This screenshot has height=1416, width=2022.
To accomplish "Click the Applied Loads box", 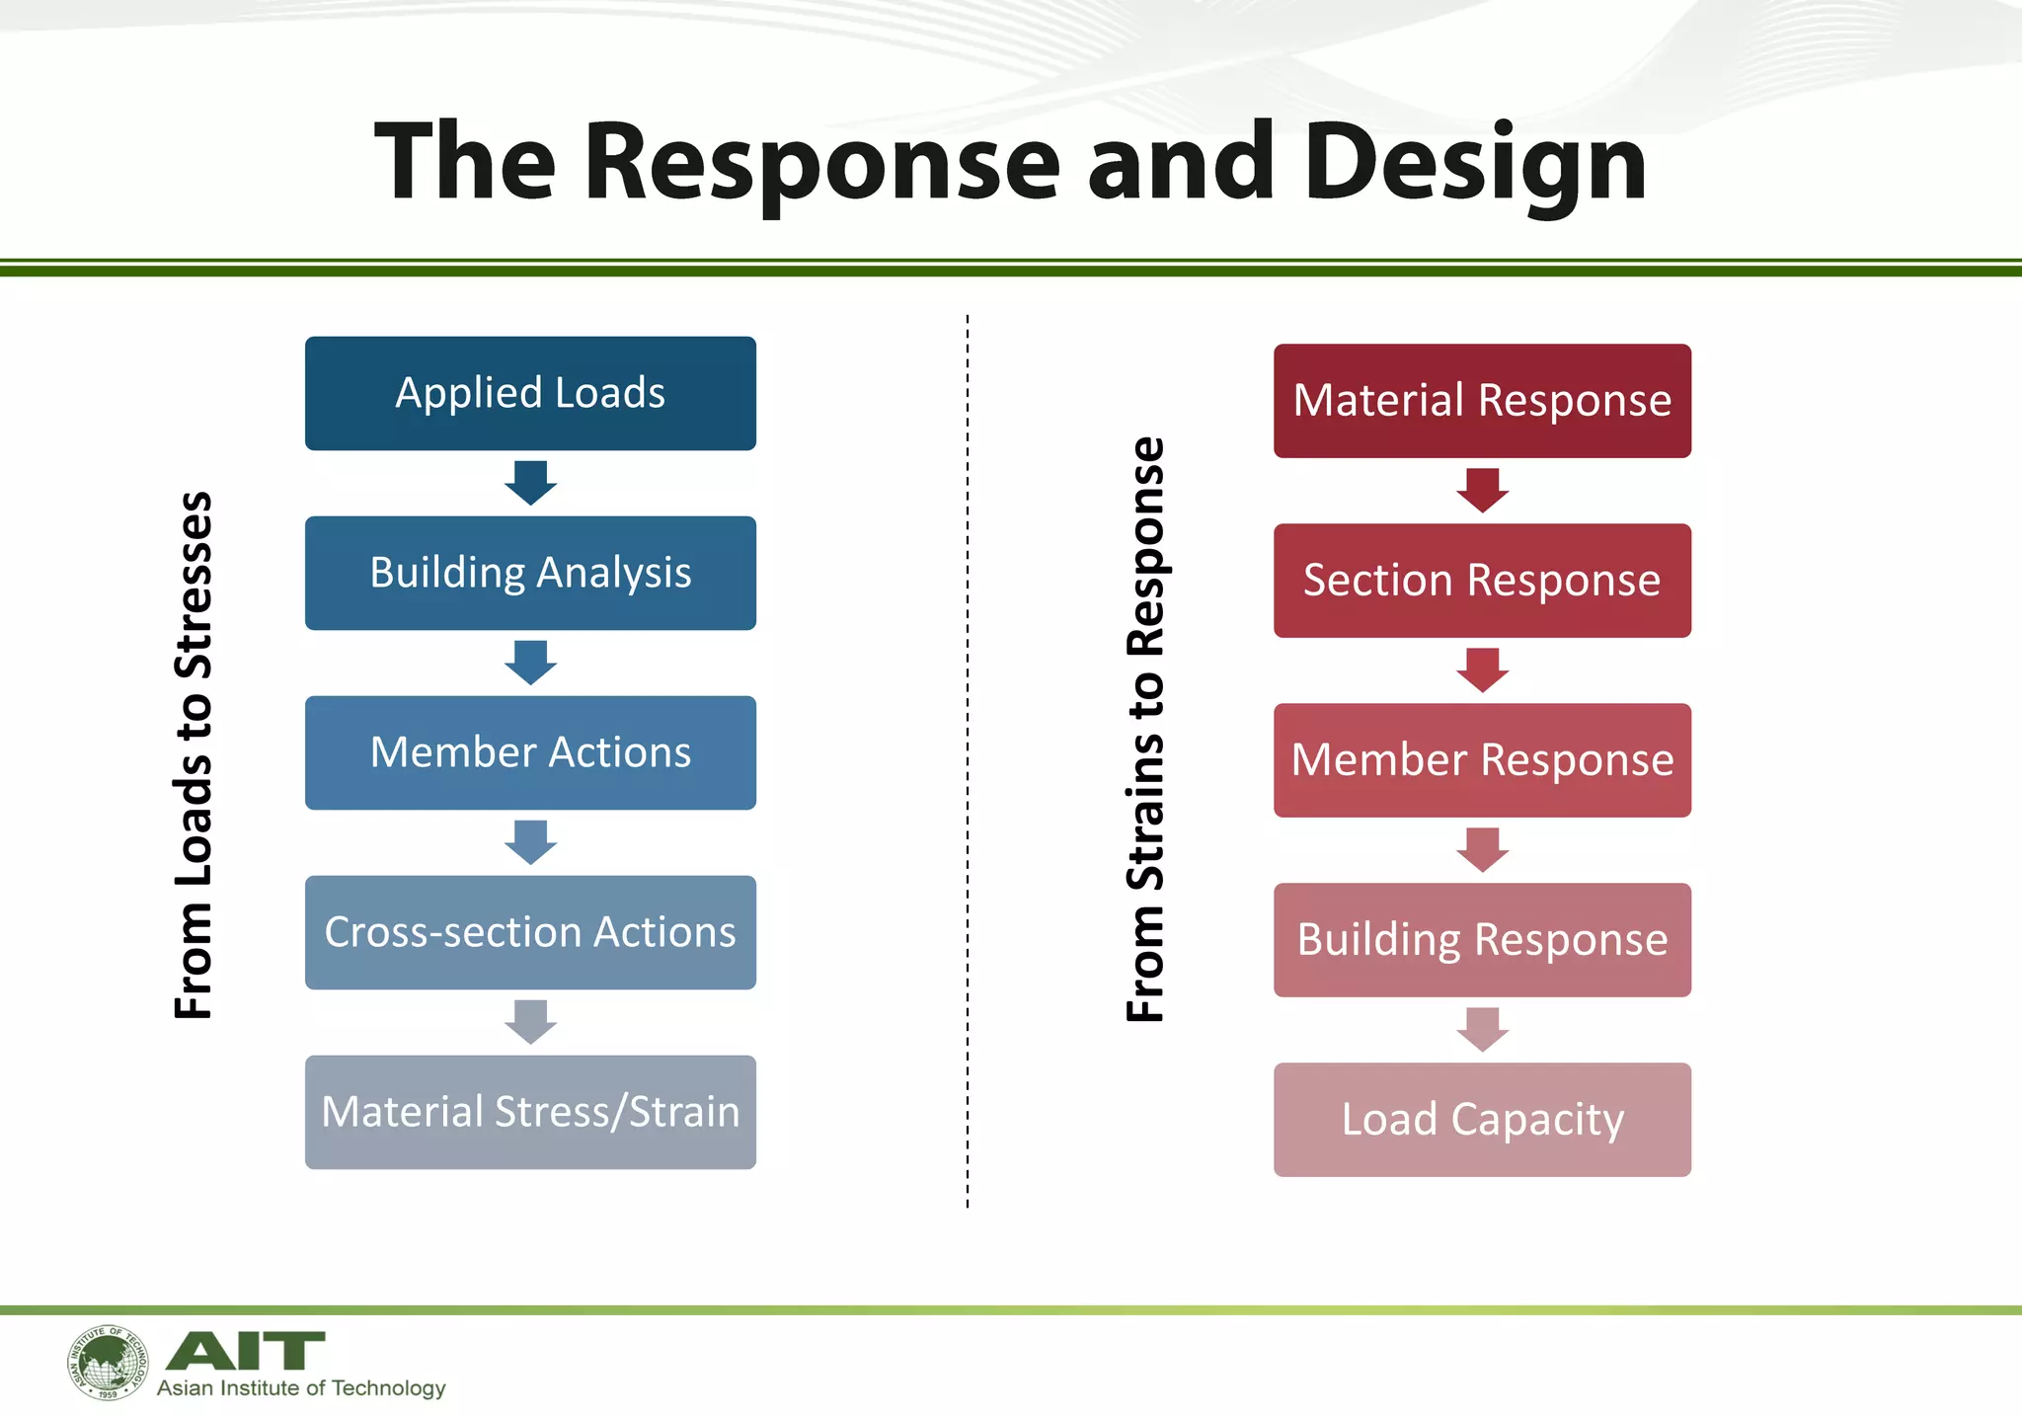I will (530, 393).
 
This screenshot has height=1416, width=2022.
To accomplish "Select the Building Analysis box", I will (530, 573).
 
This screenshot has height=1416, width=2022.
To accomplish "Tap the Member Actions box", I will (530, 752).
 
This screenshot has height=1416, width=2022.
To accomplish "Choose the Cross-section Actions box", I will (530, 932).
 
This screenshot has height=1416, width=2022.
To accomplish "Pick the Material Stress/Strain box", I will (530, 1112).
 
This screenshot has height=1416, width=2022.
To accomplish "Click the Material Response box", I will (1482, 400).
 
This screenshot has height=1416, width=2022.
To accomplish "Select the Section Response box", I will (1482, 580).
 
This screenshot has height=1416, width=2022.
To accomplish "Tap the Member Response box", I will (1482, 759).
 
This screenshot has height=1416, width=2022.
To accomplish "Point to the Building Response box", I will (1482, 939).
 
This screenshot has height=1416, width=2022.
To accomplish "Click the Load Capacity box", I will (1482, 1119).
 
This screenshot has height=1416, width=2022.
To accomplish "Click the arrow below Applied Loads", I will (530, 483).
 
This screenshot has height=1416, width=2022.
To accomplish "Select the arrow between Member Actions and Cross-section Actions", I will (530, 842).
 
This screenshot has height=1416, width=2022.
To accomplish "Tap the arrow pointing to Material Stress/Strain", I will (530, 1022).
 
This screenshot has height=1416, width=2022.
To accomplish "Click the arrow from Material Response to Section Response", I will (1482, 490).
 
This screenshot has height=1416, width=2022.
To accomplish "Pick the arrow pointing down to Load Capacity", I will (1482, 1029).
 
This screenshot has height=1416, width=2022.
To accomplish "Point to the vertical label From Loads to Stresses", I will (194, 754).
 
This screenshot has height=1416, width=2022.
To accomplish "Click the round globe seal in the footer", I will (108, 1363).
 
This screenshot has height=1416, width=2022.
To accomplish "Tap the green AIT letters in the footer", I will (245, 1350).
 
